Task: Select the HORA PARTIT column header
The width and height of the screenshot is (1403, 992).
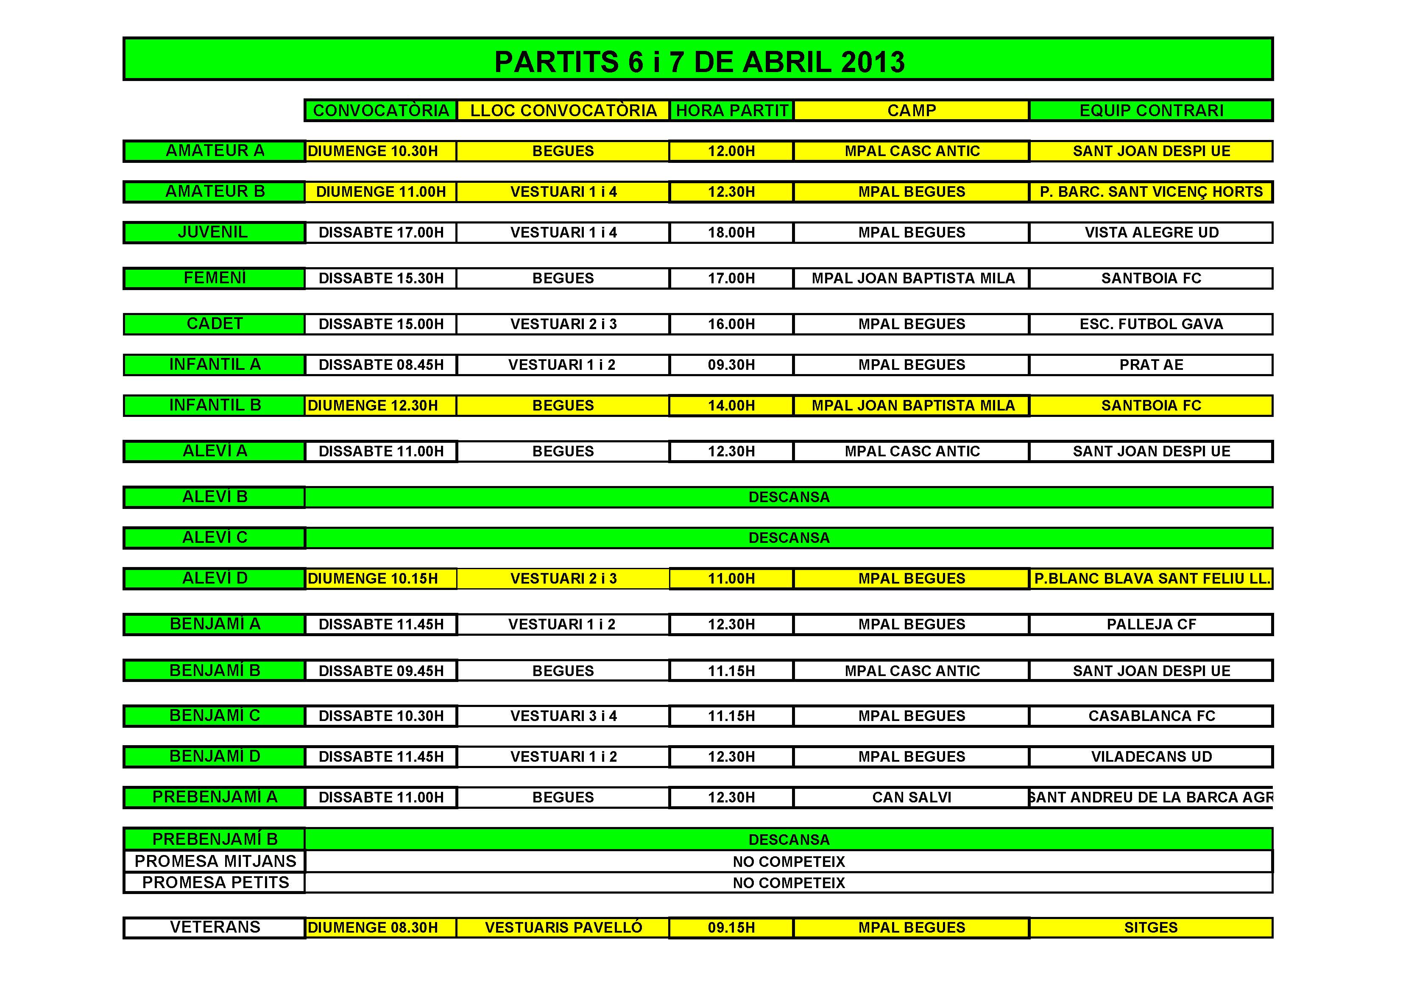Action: (x=731, y=111)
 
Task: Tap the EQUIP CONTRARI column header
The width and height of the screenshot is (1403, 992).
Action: (x=1151, y=111)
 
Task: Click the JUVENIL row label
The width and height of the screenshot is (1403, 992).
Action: (x=213, y=232)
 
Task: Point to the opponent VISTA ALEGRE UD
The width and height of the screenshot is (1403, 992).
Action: (x=1151, y=233)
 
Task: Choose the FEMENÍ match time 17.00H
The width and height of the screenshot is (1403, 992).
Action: (x=731, y=279)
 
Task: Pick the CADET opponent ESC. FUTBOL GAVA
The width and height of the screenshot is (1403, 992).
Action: (x=1151, y=324)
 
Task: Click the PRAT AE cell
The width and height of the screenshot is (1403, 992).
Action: (x=1151, y=365)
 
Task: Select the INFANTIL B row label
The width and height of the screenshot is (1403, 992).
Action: (x=215, y=405)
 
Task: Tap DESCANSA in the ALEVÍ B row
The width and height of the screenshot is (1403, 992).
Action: (x=789, y=497)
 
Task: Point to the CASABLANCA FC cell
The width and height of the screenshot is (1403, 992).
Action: (x=1151, y=716)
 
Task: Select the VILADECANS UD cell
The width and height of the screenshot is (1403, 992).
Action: (x=1151, y=757)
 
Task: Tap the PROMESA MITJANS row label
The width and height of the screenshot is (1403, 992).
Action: (x=215, y=861)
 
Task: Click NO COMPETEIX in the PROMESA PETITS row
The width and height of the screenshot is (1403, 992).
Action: (x=789, y=883)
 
